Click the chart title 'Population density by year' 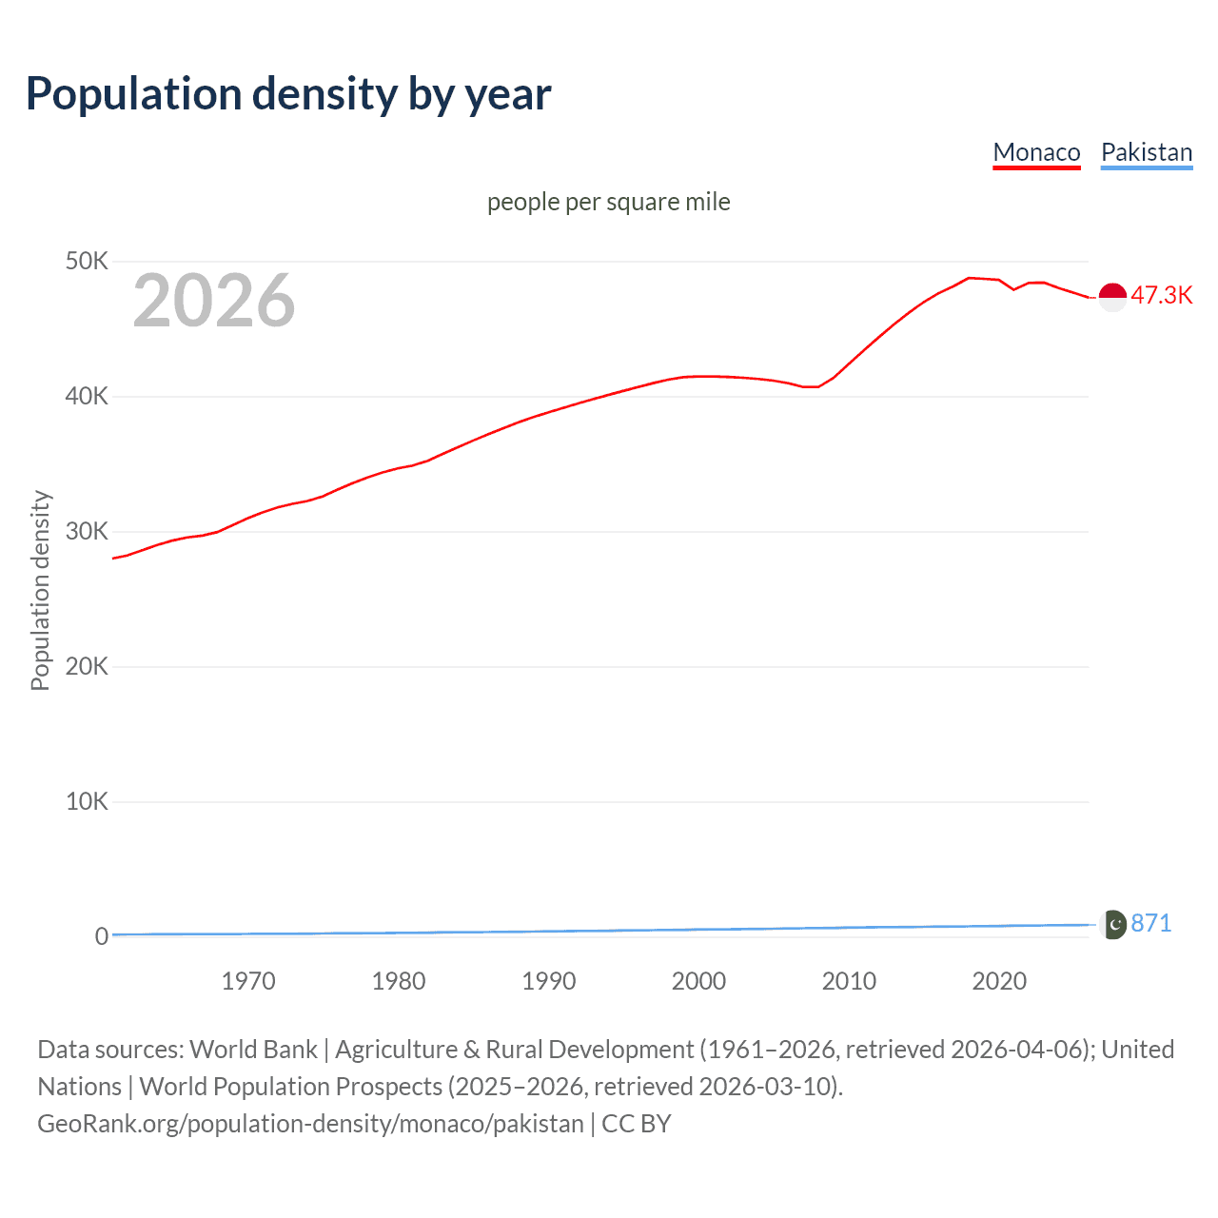point(288,94)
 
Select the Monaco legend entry point(1036,152)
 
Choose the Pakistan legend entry point(1146,152)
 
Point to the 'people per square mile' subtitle point(608,202)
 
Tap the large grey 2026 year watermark point(214,301)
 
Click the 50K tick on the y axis point(87,261)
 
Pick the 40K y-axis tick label point(87,396)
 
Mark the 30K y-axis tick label point(87,531)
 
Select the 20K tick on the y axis point(87,666)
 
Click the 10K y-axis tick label point(87,801)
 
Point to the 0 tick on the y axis point(101,936)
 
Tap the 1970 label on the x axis point(248,981)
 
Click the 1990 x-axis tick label point(549,981)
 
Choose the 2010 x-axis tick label point(849,981)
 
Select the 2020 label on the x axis point(999,981)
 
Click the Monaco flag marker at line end point(1112,297)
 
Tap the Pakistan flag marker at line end point(1112,924)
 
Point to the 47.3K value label point(1161,295)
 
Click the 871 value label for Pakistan point(1151,923)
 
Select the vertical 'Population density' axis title point(40,590)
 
